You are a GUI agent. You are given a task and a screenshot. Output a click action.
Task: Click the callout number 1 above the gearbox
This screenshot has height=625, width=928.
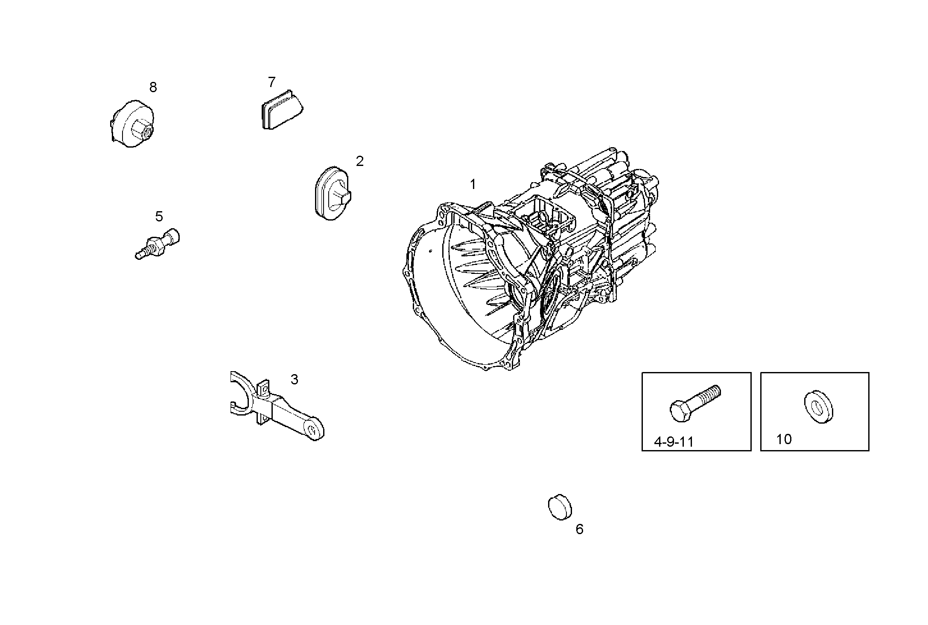473,184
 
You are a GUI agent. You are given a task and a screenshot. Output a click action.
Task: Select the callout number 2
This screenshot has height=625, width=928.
360,161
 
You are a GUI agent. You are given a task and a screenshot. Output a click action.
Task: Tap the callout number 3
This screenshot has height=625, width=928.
294,379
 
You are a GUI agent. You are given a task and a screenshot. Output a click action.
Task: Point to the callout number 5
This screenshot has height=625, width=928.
159,217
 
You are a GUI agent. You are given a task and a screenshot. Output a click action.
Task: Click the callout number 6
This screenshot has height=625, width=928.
579,529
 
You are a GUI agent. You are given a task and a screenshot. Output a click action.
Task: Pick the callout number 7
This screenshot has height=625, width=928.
272,82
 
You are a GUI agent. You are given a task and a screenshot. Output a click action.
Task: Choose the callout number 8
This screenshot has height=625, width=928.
153,87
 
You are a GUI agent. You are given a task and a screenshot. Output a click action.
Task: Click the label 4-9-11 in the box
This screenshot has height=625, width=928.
674,442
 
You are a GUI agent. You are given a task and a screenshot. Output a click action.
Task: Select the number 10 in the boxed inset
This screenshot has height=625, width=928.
784,439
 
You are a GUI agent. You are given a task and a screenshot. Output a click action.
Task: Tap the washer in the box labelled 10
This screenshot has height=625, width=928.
819,407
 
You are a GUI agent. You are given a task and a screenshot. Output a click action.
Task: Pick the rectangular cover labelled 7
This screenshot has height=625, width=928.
282,110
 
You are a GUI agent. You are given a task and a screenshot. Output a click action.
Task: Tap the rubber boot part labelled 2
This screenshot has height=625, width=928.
333,194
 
